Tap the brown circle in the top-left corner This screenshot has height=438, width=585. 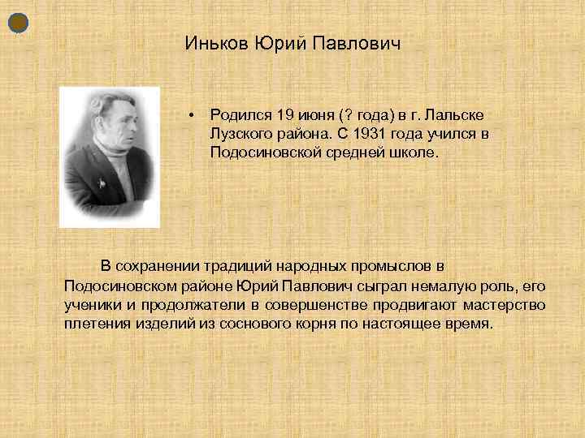pyautogui.click(x=19, y=24)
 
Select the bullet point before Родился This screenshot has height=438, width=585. pyautogui.click(x=188, y=116)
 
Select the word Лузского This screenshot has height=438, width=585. pyautogui.click(x=240, y=134)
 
